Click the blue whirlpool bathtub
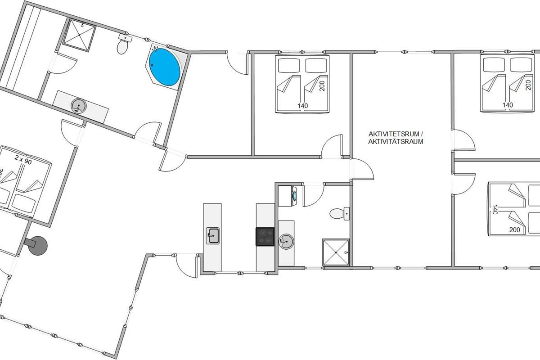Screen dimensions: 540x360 165,67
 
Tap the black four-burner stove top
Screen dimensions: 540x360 265,237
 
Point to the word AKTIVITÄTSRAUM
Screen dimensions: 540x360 396,142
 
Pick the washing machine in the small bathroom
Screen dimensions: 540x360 288,196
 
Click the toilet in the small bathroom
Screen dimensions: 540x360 339,214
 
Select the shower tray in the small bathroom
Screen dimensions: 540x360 336,252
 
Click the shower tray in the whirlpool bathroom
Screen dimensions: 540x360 79,35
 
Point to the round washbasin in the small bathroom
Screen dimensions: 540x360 286,241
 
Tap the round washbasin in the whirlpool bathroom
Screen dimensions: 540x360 79,106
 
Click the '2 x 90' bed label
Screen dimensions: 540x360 23,160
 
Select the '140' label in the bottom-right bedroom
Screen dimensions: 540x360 495,209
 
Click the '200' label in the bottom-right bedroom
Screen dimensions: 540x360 515,230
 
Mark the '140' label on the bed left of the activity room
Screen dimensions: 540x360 302,106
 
